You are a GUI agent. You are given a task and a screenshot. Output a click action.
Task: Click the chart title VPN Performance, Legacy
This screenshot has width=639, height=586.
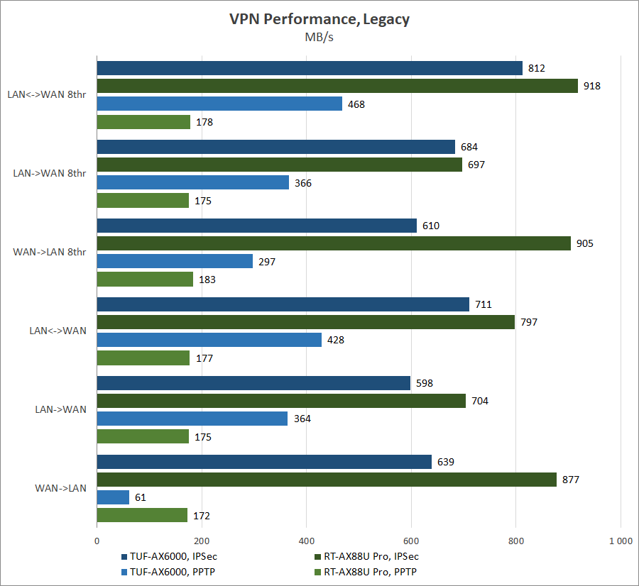[319, 19]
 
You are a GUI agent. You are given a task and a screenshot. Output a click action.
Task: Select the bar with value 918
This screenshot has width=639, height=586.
[337, 86]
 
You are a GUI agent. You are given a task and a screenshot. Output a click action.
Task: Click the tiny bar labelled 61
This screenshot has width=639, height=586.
[113, 497]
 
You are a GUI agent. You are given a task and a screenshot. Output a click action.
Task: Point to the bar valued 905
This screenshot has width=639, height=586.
[334, 243]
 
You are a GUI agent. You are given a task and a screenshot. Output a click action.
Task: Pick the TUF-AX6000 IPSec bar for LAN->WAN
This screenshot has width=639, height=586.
[253, 383]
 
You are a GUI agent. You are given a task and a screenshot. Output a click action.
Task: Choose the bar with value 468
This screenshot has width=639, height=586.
[219, 104]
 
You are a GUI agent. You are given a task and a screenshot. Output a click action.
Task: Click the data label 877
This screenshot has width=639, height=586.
[571, 480]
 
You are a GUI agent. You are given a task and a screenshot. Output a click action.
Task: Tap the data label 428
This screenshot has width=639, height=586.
[336, 340]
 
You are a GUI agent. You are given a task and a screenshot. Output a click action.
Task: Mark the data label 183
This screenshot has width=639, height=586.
[207, 280]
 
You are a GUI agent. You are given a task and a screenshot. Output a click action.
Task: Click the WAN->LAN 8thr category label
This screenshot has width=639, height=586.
[50, 253]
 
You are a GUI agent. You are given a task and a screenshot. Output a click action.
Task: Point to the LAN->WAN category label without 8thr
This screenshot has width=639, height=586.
[60, 409]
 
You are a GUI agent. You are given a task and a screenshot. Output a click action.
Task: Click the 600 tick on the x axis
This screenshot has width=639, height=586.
[411, 541]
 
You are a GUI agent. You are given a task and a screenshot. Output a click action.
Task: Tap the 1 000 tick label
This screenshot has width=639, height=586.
[621, 541]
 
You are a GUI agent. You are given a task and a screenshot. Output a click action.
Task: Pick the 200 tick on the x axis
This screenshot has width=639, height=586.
[202, 541]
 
